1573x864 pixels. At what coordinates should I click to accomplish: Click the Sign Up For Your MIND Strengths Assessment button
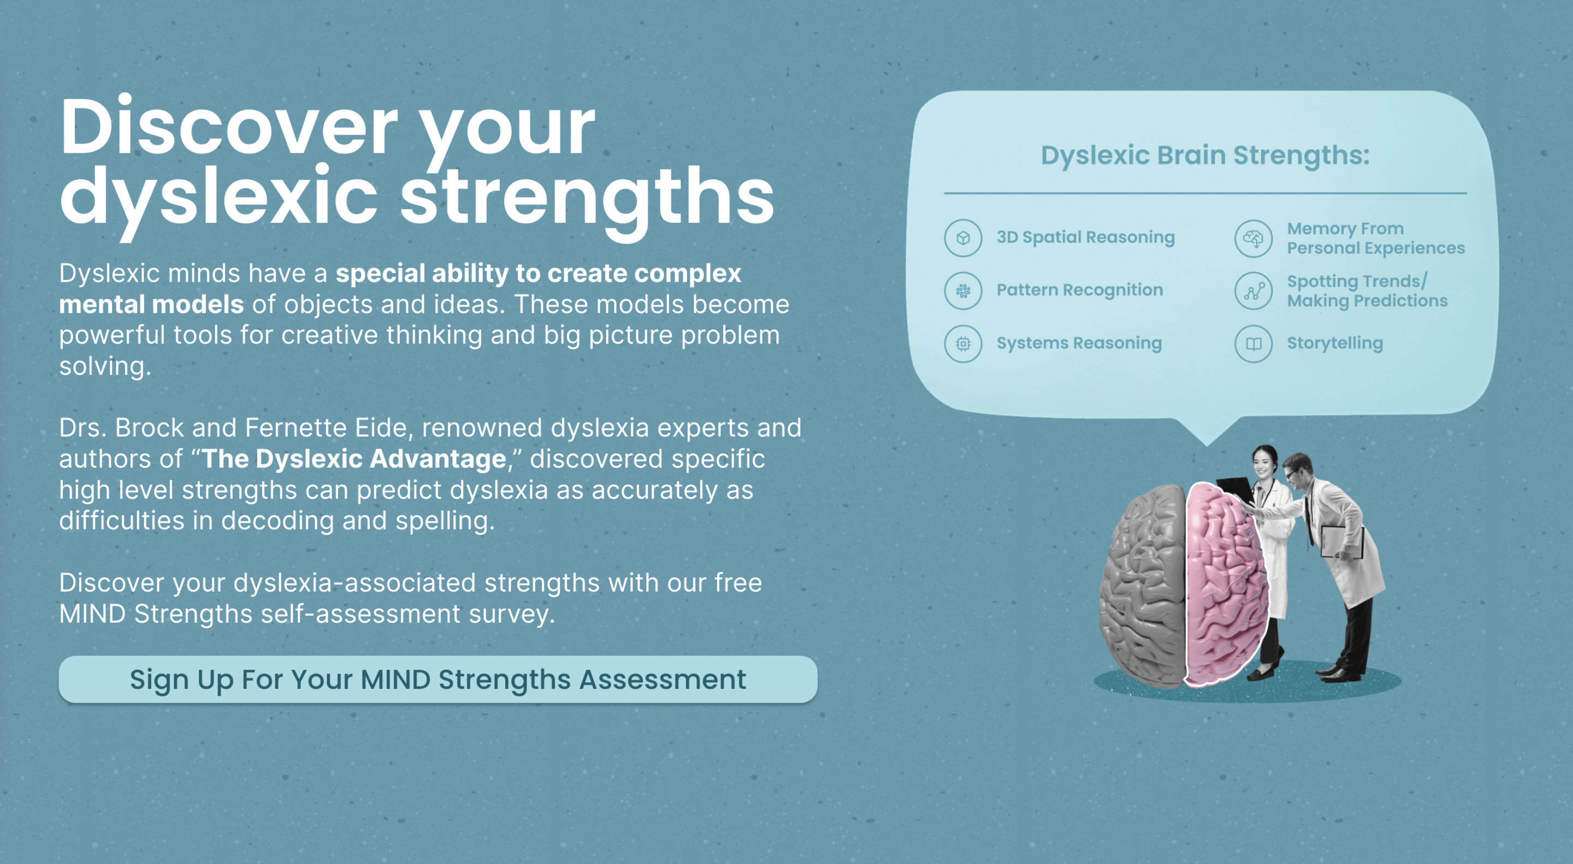[438, 679]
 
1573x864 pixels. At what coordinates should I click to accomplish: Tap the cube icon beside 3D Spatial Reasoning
[963, 238]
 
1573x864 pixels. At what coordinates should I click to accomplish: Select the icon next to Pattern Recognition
[963, 291]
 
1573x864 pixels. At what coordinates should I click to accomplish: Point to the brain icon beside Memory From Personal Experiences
[1253, 238]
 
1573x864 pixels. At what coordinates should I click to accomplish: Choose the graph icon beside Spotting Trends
[1253, 291]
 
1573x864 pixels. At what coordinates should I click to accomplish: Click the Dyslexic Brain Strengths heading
[1205, 156]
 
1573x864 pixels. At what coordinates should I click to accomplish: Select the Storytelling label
[1335, 343]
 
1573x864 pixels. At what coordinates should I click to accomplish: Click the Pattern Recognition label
[1080, 290]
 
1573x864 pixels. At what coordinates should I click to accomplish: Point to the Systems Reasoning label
[1079, 343]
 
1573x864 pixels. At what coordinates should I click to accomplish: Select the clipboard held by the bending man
[1341, 542]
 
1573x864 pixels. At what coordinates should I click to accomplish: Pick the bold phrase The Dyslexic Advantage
[354, 459]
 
